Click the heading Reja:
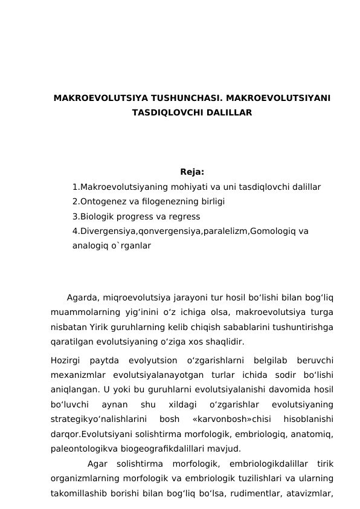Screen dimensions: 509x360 click(x=192, y=172)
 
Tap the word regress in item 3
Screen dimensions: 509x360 click(x=185, y=216)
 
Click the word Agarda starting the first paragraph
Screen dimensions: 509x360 click(x=83, y=297)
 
